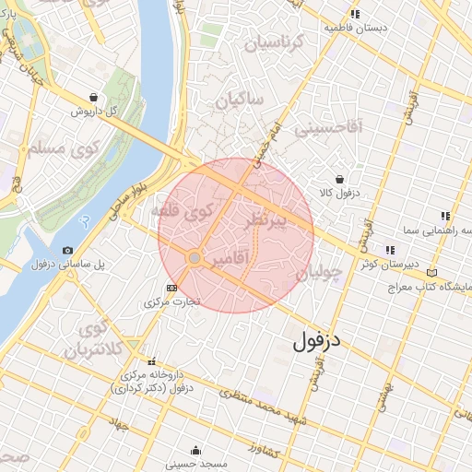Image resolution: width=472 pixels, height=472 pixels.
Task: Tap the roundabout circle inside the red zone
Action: click(195, 259)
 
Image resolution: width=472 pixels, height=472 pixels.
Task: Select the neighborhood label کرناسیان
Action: click(272, 42)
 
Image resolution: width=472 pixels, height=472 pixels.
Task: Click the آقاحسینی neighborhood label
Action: click(328, 127)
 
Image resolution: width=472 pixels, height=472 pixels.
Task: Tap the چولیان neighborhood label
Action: click(320, 272)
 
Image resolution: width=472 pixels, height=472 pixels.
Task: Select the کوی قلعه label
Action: click(195, 214)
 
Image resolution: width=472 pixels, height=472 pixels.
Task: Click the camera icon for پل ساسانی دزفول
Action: click(67, 250)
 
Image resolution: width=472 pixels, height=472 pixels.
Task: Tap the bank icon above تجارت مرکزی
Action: click(171, 288)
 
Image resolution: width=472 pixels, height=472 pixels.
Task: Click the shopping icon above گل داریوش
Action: click(94, 97)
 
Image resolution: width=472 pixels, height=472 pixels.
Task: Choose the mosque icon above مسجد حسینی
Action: click(195, 451)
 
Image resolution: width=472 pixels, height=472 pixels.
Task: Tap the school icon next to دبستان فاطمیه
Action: click(356, 14)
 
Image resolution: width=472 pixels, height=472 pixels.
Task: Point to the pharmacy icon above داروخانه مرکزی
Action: click(151, 361)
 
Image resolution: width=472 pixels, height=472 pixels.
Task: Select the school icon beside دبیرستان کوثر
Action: click(389, 249)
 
